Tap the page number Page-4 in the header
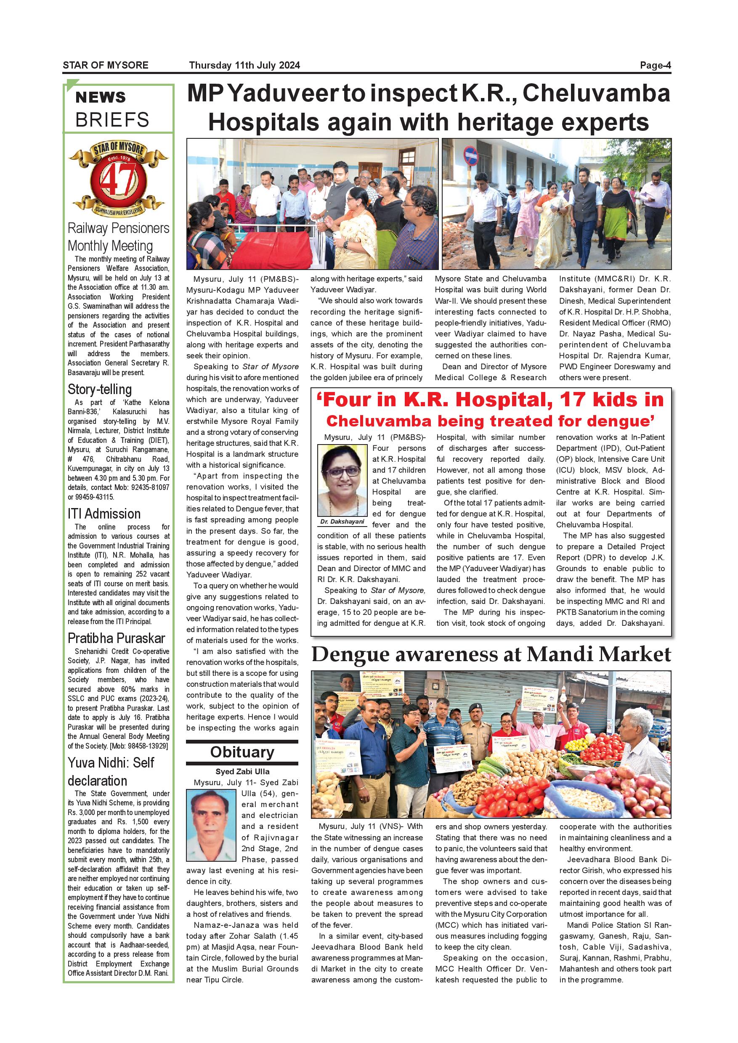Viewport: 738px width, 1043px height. pyautogui.click(x=655, y=65)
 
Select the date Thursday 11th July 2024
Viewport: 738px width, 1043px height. pyautogui.click(x=244, y=65)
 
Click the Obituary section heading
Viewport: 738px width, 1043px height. pyautogui.click(x=242, y=752)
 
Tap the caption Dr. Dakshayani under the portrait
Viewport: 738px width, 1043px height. pyautogui.click(x=342, y=522)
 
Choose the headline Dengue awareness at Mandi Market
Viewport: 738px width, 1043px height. pyautogui.click(x=491, y=654)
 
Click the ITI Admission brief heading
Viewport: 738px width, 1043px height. pyautogui.click(x=104, y=514)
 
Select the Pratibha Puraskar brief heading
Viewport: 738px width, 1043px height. pyautogui.click(x=116, y=638)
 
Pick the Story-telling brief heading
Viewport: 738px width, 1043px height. pyautogui.click(x=100, y=389)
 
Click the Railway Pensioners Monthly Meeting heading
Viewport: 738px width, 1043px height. pyautogui.click(x=118, y=237)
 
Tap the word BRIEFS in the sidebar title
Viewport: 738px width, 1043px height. pyautogui.click(x=112, y=120)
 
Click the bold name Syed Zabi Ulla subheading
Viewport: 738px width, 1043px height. pyautogui.click(x=242, y=771)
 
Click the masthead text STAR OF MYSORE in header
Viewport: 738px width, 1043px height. pyautogui.click(x=106, y=65)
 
